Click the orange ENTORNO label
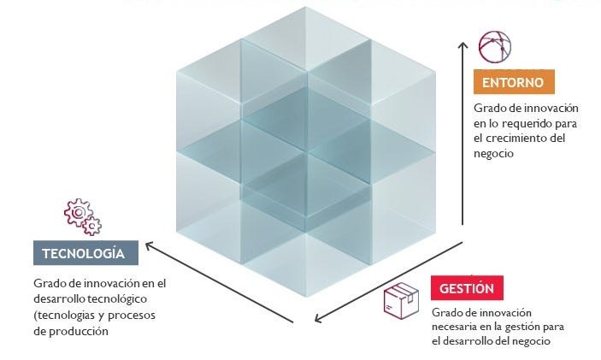pyautogui.click(x=514, y=82)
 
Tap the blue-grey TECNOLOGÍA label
pyautogui.click(x=85, y=254)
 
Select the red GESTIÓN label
pyautogui.click(x=467, y=287)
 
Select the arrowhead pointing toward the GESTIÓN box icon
pyautogui.click(x=318, y=319)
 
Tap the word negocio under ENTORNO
pyautogui.click(x=493, y=153)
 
